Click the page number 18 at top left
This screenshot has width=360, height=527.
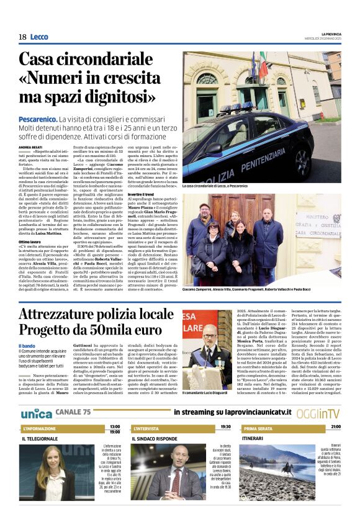click(x=22, y=37)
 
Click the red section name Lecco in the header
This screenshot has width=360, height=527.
click(x=38, y=37)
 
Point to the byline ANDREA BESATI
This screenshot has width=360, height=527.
click(x=31, y=146)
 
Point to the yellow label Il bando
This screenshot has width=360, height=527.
click(x=27, y=346)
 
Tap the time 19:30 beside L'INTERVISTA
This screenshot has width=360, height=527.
click(x=225, y=427)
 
